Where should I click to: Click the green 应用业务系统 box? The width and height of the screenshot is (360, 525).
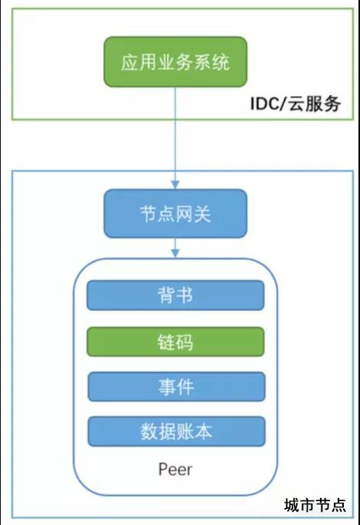click(x=175, y=62)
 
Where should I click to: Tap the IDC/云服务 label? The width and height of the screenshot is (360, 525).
click(x=295, y=103)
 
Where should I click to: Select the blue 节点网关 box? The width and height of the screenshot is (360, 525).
click(x=175, y=213)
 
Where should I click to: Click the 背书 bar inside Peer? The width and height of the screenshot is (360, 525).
click(x=175, y=296)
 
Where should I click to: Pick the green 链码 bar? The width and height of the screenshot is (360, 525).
click(x=175, y=342)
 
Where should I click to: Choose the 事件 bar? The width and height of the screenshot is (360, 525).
click(x=176, y=386)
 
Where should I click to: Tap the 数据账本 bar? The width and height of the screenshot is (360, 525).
click(x=176, y=432)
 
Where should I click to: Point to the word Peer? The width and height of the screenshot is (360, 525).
click(x=175, y=470)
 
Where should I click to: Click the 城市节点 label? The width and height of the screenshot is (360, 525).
click(x=315, y=505)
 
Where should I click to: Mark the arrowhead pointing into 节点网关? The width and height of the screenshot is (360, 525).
click(x=175, y=185)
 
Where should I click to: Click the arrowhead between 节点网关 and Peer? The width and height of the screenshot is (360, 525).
click(x=175, y=253)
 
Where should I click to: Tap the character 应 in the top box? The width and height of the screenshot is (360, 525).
click(x=130, y=62)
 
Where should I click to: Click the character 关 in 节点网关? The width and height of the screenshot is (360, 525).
click(x=202, y=214)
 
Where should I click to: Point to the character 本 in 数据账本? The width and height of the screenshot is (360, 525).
click(x=203, y=432)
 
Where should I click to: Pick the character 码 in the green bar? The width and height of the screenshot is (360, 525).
click(x=185, y=343)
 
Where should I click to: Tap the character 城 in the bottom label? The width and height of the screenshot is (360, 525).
click(x=292, y=505)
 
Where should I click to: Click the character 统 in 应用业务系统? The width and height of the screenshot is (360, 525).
click(x=221, y=62)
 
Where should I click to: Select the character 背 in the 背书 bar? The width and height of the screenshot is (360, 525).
click(x=166, y=296)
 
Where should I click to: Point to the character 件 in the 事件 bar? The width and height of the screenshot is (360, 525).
click(x=185, y=387)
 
